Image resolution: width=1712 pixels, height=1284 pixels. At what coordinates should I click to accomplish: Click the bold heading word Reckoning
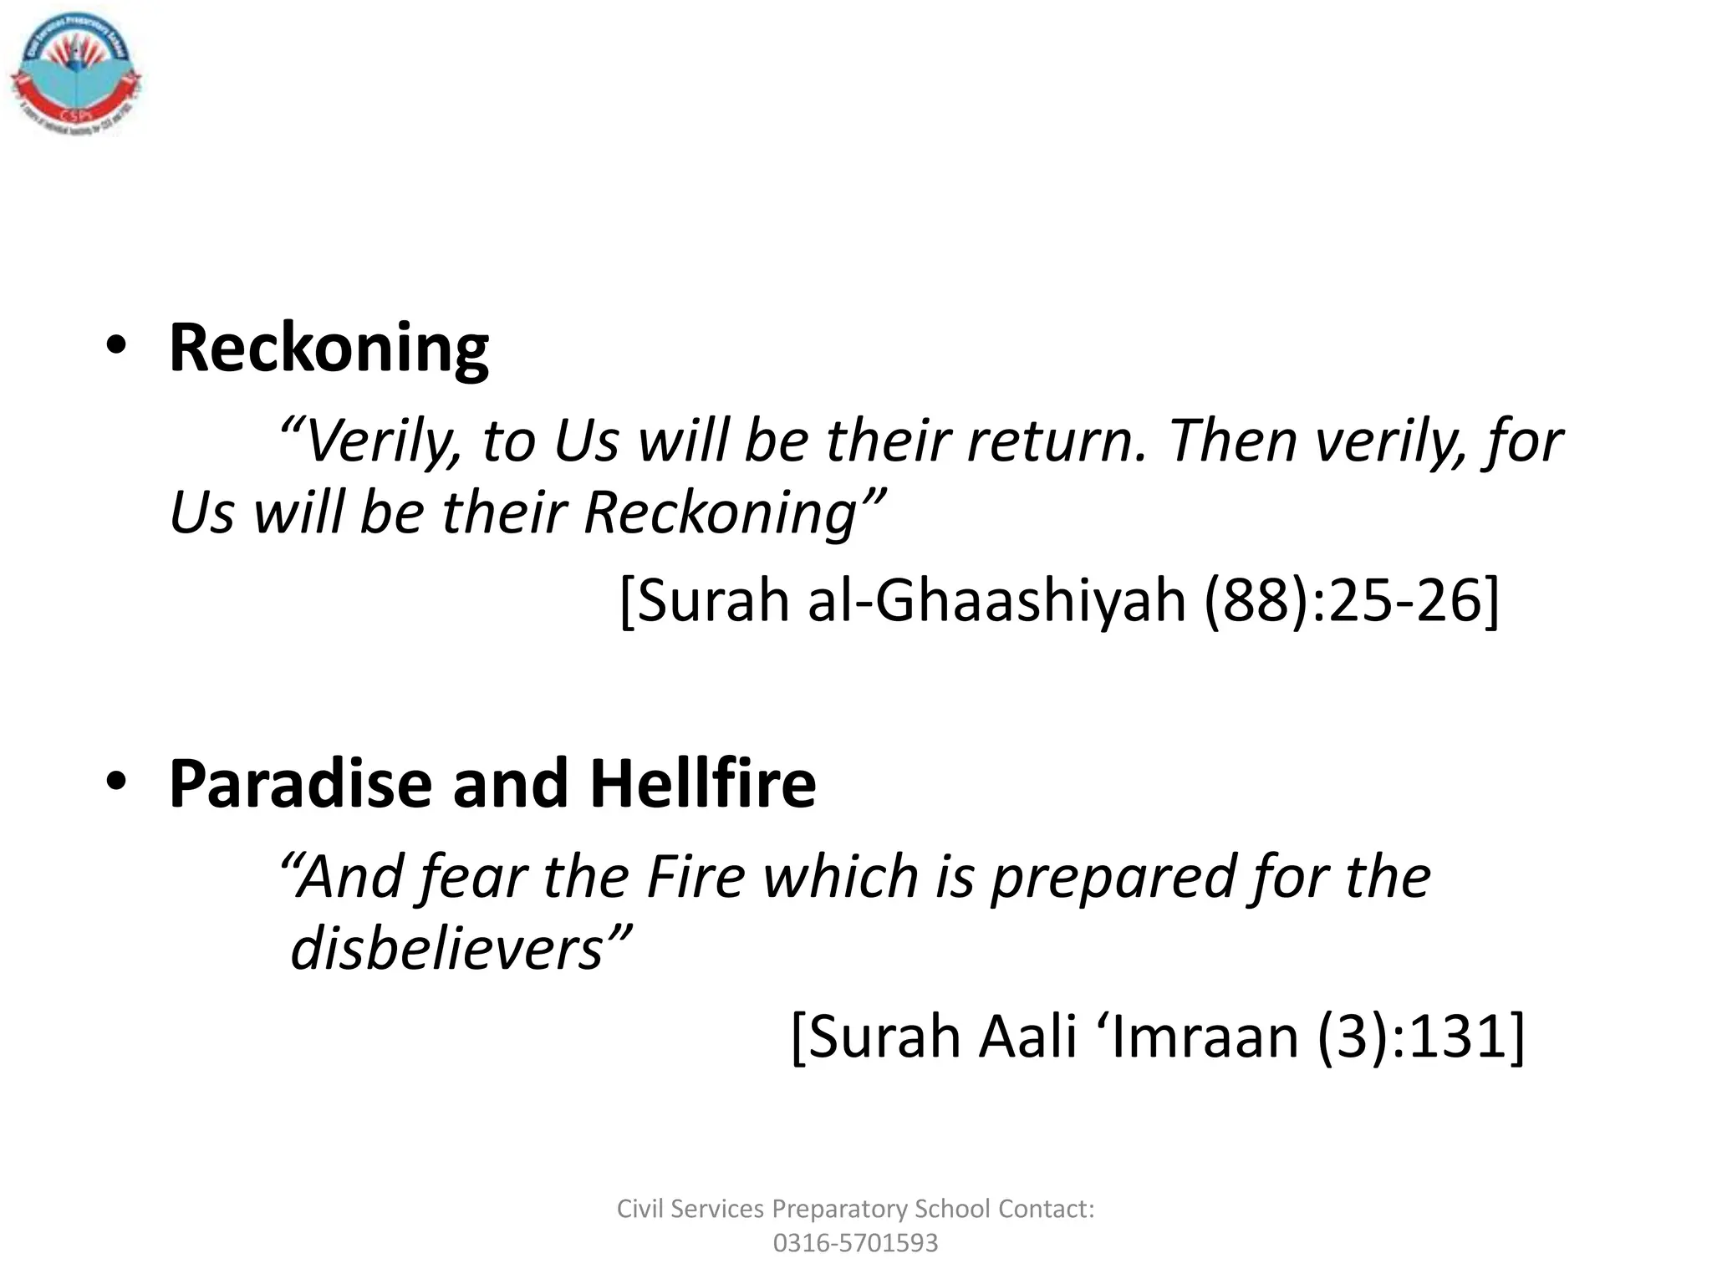[329, 348]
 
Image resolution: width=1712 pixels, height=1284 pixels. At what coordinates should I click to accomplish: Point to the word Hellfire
[702, 784]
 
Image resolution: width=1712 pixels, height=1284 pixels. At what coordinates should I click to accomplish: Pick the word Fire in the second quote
[695, 878]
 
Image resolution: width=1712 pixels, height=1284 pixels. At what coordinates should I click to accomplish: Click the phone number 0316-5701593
[855, 1243]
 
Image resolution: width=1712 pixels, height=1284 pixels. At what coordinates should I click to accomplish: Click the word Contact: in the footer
[1047, 1209]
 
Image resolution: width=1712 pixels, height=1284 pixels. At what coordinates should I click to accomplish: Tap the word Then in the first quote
[1232, 441]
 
